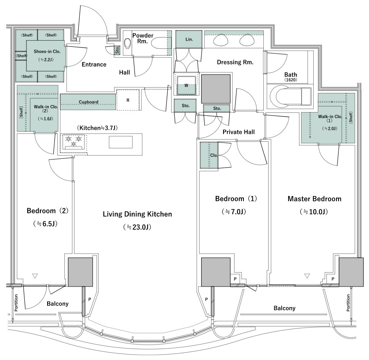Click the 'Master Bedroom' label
click(x=315, y=199)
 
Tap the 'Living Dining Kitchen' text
click(x=137, y=214)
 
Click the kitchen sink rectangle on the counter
click(x=120, y=142)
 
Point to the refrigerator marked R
click(x=128, y=100)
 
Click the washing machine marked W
click(x=186, y=86)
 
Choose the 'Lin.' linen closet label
click(x=189, y=39)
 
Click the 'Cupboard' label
click(x=89, y=102)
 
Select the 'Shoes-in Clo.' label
click(x=47, y=51)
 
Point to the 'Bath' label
click(x=291, y=75)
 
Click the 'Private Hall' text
click(x=239, y=132)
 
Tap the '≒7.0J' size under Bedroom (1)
click(x=234, y=212)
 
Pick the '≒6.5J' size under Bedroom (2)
click(x=46, y=224)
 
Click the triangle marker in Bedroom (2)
click(x=35, y=276)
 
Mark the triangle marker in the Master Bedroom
click(x=307, y=276)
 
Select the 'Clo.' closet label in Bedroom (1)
click(x=214, y=155)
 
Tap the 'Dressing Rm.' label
click(x=235, y=62)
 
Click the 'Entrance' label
click(x=94, y=65)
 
